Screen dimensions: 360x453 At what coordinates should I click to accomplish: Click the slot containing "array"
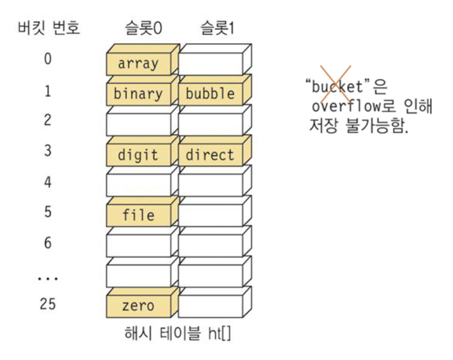coord(138,64)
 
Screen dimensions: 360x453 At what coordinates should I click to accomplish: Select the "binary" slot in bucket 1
coord(138,94)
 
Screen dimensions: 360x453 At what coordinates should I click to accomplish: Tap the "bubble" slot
coord(210,94)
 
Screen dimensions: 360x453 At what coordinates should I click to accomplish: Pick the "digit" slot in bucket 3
coord(138,155)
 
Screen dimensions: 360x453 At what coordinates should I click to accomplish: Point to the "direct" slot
coord(210,155)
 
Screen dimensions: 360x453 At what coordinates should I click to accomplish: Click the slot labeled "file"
coord(138,215)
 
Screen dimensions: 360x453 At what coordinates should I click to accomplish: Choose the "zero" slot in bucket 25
coord(138,306)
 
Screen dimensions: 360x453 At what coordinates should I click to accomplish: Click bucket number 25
coord(48,304)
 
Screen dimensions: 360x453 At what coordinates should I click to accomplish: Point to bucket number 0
coord(48,59)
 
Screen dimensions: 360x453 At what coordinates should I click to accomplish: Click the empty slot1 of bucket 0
coord(210,64)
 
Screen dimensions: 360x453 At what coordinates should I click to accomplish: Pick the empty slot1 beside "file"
coord(210,215)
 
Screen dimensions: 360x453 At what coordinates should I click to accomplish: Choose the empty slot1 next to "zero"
coord(210,306)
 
